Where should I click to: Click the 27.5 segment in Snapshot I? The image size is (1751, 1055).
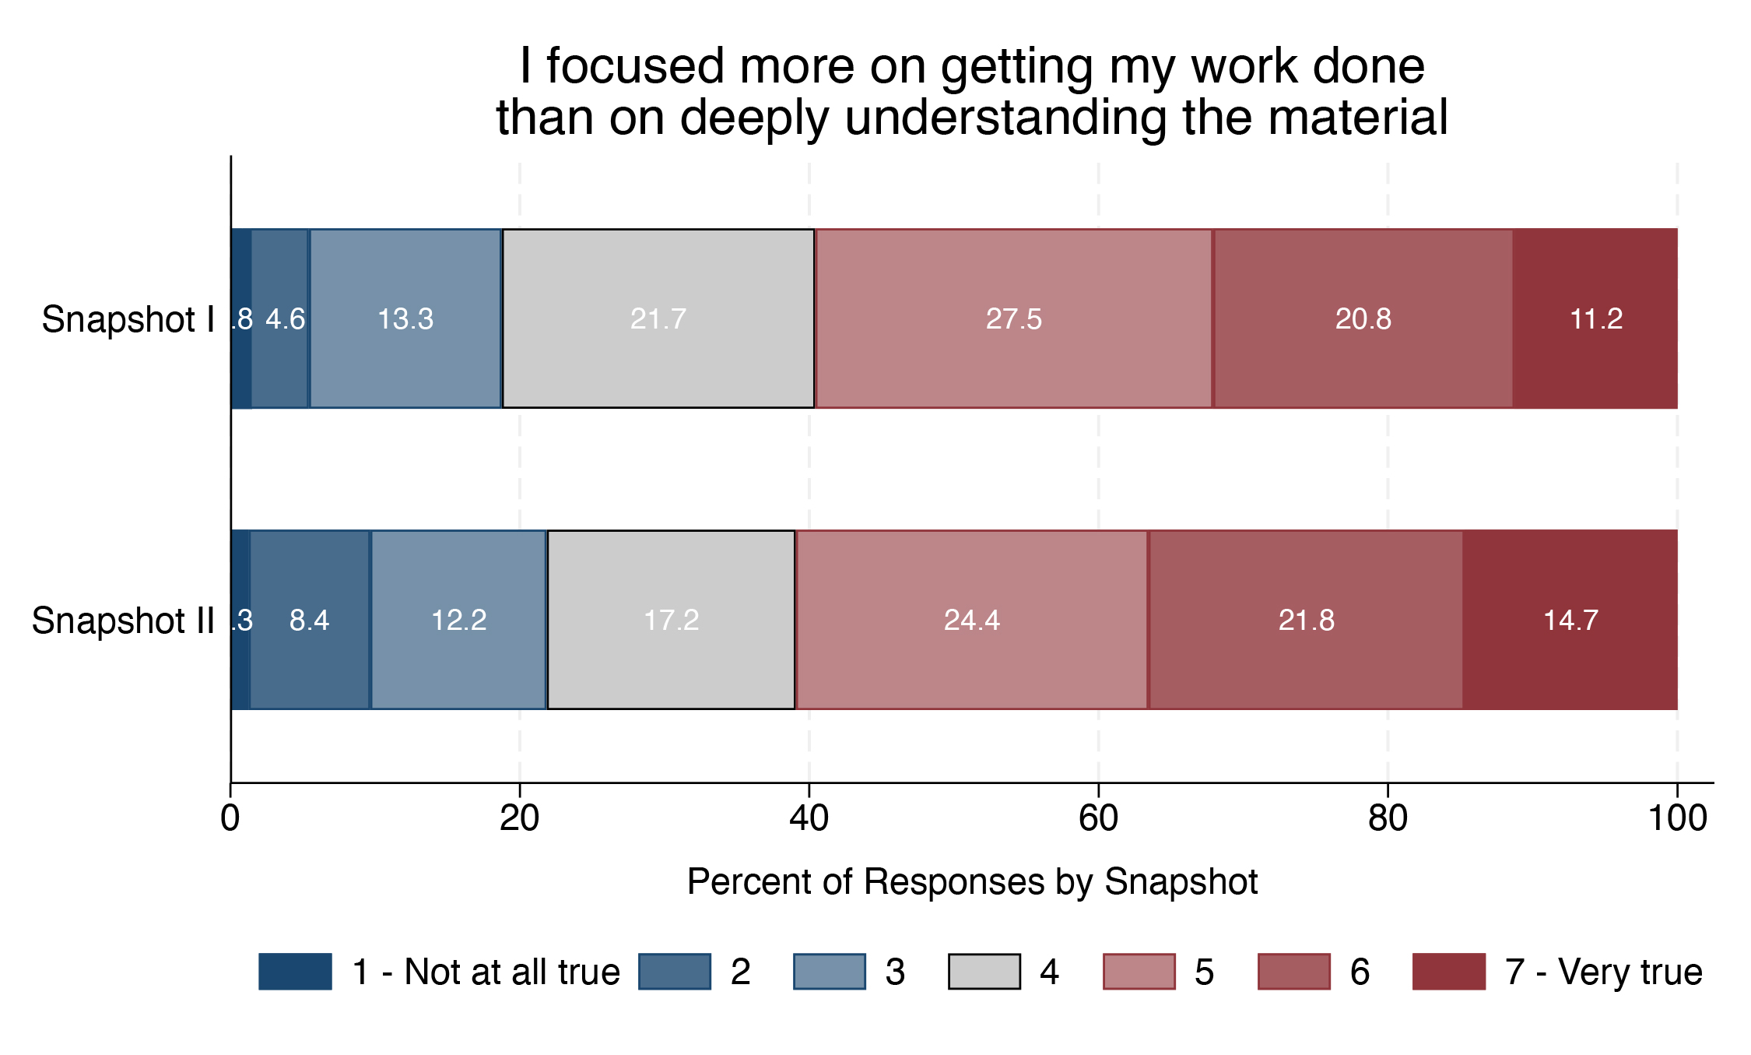[1013, 318]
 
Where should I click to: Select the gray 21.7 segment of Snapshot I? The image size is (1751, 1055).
[658, 318]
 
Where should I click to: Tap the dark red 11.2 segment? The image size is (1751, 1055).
[1595, 318]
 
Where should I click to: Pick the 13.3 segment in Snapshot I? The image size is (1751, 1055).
[405, 318]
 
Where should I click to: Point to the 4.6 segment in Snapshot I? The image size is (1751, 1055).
[280, 318]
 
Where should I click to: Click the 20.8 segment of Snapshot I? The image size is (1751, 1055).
[1363, 318]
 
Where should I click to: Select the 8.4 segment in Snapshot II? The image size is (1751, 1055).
[310, 620]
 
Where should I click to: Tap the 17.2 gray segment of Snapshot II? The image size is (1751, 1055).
[671, 620]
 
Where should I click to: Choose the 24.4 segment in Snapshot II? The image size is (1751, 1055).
[972, 620]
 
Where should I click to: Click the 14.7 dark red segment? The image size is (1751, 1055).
[1570, 620]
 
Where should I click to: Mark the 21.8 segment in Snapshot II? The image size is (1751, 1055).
[1306, 620]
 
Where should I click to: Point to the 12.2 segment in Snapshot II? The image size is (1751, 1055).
[458, 620]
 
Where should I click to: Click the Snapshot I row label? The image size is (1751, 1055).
[128, 319]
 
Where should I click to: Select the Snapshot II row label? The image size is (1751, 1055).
[123, 621]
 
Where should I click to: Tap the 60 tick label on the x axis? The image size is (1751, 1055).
[1098, 818]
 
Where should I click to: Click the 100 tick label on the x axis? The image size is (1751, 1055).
[1677, 818]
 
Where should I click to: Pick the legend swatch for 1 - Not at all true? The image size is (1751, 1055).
[295, 972]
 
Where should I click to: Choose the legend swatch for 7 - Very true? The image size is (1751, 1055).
[1449, 972]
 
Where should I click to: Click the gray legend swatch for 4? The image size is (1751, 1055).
[984, 972]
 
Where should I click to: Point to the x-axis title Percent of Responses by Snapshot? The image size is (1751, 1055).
[972, 882]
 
